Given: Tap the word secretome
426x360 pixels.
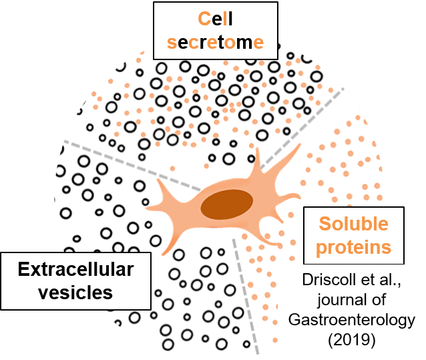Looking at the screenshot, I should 215,43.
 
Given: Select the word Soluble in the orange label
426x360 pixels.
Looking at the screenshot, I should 353,224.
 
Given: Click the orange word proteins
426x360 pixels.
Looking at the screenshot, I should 353,247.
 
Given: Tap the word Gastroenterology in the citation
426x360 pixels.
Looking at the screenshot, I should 352,320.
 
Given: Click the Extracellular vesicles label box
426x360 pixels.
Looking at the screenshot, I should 75,281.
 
